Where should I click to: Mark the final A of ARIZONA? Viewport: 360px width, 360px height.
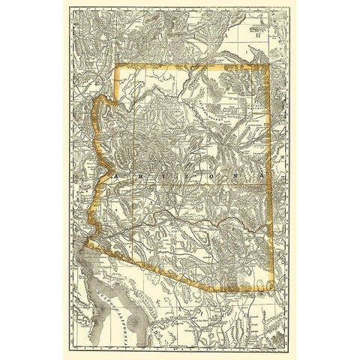(x=261, y=176)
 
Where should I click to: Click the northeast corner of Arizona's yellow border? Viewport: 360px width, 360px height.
(x=268, y=67)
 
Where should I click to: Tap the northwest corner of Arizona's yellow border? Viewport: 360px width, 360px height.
(x=114, y=67)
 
